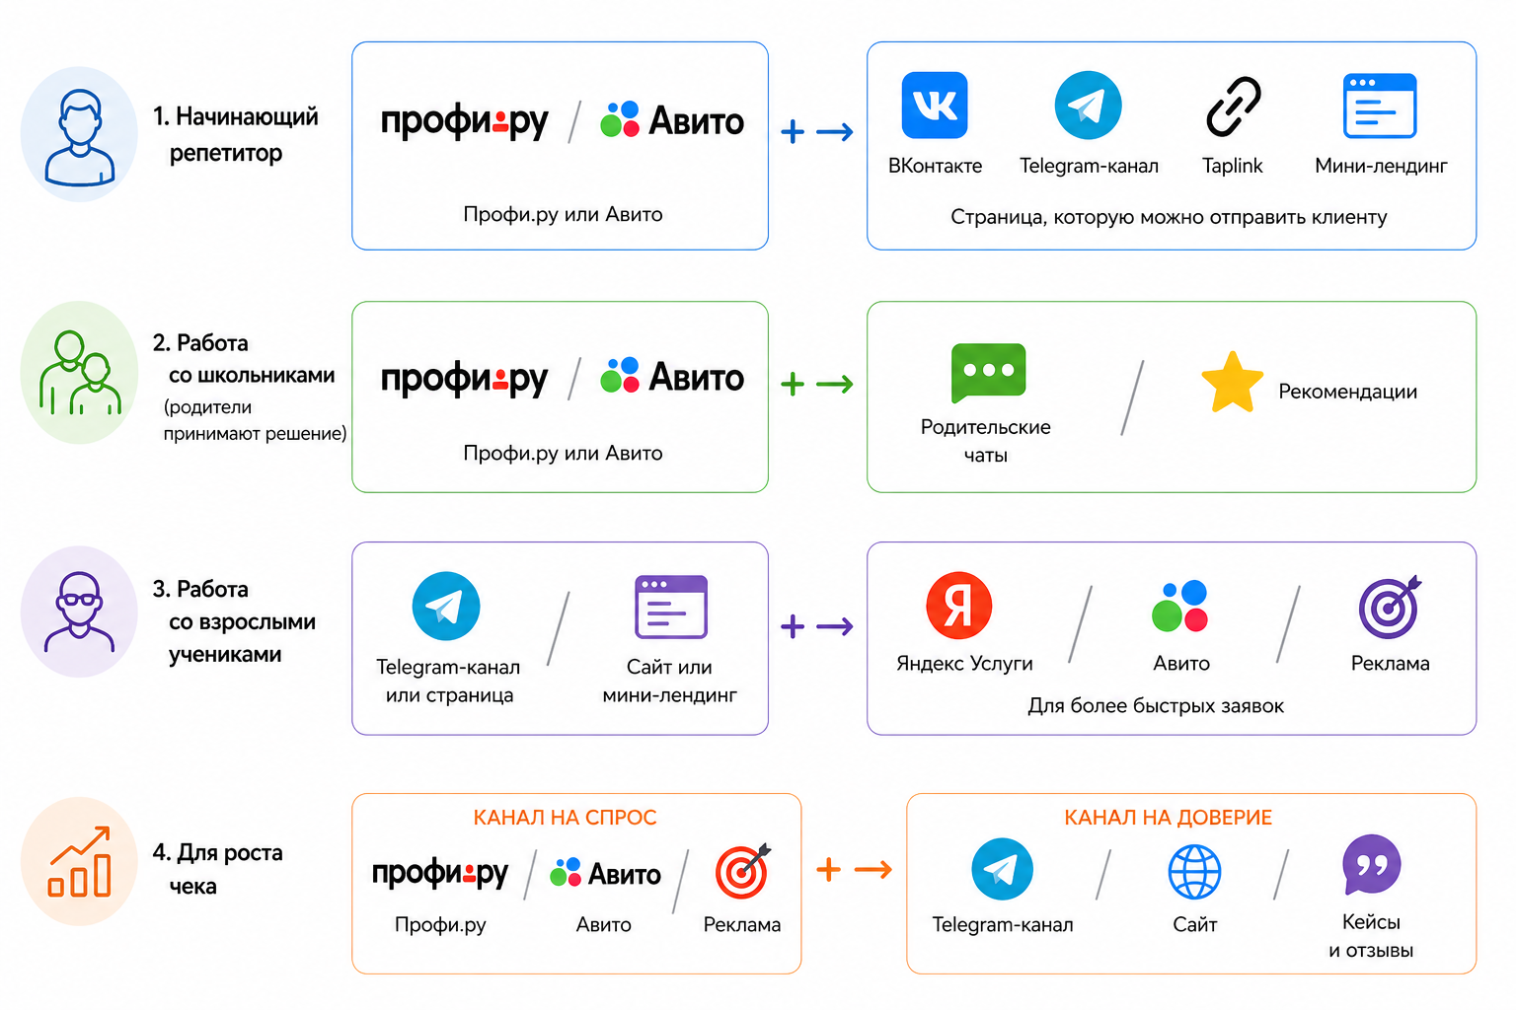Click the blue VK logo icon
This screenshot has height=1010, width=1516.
point(934,105)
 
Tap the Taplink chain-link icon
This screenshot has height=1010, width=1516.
point(1233,107)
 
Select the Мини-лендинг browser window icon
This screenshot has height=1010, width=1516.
point(1379,106)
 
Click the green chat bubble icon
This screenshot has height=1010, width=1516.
point(988,373)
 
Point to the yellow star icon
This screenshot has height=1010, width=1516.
point(1232,383)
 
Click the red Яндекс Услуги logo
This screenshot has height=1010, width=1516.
point(959,606)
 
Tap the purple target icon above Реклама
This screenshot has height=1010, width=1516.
point(1390,608)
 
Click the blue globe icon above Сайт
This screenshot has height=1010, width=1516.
point(1194,871)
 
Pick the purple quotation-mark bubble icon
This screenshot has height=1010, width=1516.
point(1371,865)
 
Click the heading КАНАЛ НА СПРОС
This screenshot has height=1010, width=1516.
point(565,818)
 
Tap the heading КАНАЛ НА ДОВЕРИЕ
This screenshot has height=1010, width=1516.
point(1169,818)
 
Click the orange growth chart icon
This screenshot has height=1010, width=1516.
point(79,861)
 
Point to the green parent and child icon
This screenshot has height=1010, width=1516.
point(80,372)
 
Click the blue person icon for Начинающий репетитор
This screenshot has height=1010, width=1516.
point(79,137)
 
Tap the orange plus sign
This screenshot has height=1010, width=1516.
point(828,869)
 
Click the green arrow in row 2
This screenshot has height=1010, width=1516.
point(834,385)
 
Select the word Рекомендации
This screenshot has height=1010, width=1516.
point(1347,391)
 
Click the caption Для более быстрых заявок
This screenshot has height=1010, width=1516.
point(1156,705)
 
